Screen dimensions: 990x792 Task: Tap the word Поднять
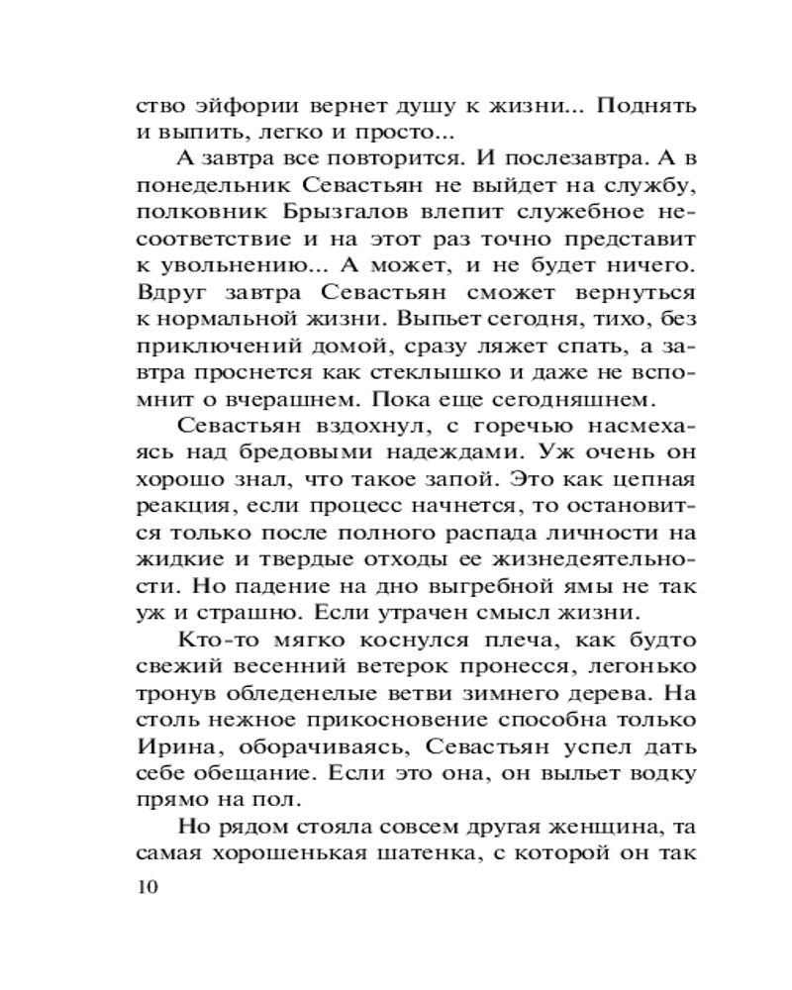[x=644, y=106]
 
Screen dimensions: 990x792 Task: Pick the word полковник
[x=194, y=213]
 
